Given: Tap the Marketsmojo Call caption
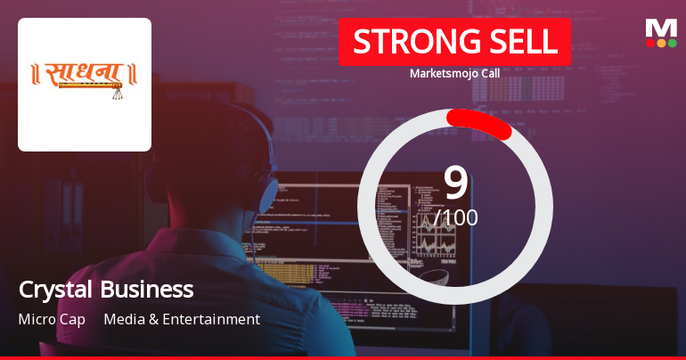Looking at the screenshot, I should (x=454, y=73).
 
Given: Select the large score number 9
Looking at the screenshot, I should (x=455, y=182).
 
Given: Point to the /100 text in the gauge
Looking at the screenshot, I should (x=456, y=217).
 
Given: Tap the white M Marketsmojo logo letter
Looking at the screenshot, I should (x=661, y=29).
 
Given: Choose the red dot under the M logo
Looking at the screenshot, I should (x=650, y=43).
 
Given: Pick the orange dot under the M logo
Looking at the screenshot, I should (x=661, y=43).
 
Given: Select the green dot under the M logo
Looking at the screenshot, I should (x=672, y=43).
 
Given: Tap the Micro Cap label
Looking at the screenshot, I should (x=52, y=319).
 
